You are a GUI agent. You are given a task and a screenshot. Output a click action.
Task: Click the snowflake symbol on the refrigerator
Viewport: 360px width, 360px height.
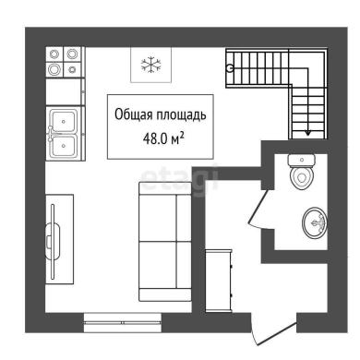(x=151, y=65)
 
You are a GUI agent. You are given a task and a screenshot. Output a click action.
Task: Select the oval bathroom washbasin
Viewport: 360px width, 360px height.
(x=315, y=222)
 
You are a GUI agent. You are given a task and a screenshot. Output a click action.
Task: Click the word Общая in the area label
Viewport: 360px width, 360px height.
(x=134, y=114)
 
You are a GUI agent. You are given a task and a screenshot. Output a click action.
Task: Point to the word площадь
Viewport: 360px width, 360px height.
(x=182, y=115)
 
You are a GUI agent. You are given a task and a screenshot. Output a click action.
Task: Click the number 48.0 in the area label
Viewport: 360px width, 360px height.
(x=155, y=139)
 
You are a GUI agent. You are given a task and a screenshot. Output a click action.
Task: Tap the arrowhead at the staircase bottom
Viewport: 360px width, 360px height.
(x=307, y=133)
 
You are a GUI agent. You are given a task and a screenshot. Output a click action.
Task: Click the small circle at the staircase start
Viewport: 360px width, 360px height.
(x=229, y=68)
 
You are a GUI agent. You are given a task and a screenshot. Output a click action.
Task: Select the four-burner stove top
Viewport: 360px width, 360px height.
(x=66, y=62)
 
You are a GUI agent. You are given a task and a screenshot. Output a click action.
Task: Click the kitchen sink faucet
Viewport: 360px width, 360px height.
(x=52, y=133)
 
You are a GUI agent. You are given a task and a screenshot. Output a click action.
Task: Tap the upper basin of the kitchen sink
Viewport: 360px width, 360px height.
(x=64, y=121)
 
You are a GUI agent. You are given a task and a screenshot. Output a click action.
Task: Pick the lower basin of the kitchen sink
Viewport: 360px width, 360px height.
(x=64, y=145)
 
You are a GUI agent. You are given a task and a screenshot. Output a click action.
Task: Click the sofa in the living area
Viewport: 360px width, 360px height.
(x=165, y=242)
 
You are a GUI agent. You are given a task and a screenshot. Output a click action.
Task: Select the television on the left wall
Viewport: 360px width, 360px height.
(x=53, y=242)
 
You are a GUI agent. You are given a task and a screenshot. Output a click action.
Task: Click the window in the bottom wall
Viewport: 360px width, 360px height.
(x=123, y=322)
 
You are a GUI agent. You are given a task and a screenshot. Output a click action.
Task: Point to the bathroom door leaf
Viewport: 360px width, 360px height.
(x=258, y=206)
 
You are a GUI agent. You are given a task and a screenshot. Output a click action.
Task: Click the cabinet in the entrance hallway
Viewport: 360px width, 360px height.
(x=219, y=281)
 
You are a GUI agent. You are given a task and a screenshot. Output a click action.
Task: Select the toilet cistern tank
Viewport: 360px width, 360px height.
(x=302, y=160)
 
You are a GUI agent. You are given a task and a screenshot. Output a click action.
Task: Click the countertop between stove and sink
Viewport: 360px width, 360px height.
(x=66, y=91)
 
